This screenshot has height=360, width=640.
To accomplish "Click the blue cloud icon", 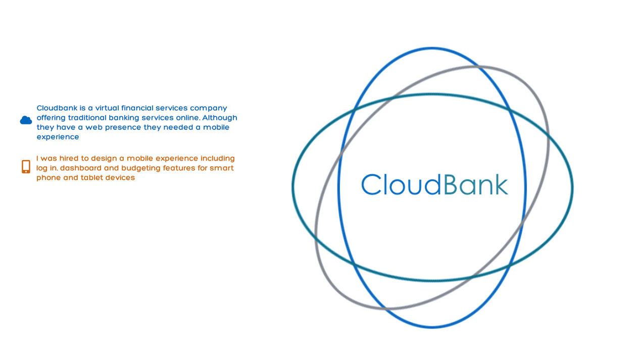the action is (x=26, y=120).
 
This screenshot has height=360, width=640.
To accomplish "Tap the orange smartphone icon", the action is (x=26, y=167).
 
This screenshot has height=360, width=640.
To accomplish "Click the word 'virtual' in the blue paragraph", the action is (x=107, y=108).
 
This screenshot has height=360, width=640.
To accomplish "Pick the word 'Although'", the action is (x=220, y=118).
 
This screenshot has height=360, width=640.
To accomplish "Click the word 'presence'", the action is (x=123, y=128).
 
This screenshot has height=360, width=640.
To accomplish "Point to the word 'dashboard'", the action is (x=81, y=168).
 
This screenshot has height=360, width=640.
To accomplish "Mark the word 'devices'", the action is (x=120, y=178).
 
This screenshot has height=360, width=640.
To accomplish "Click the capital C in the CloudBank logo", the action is (x=371, y=184).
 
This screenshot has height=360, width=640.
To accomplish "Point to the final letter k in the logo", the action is (x=500, y=184).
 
